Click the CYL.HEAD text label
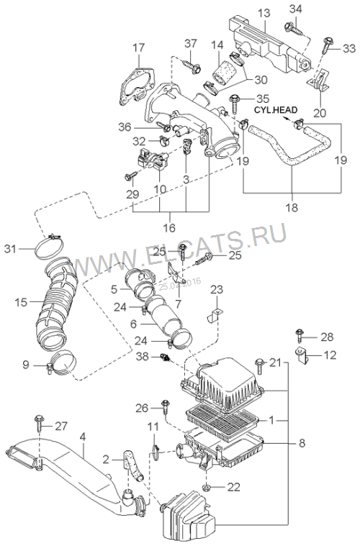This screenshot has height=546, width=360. click(276, 109)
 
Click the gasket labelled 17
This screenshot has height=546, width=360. click(136, 86)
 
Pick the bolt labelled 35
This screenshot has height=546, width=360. click(234, 103)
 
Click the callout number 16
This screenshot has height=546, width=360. click(169, 228)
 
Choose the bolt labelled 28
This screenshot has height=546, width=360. click(299, 336)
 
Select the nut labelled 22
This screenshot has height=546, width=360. click(206, 486)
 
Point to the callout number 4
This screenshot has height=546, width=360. click(82, 437)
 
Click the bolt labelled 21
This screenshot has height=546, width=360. click(260, 365)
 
